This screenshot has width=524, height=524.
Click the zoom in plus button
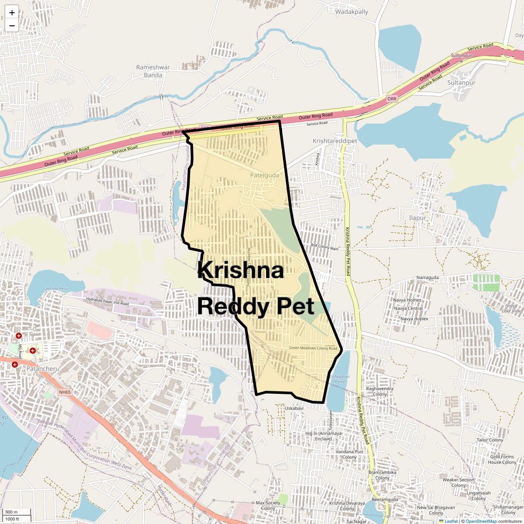coord(12,12)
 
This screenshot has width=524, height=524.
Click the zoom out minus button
coord(12,25)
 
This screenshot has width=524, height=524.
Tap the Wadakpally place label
coord(352,12)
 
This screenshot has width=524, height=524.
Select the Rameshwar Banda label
coord(153,71)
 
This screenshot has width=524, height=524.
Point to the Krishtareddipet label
coord(335,141)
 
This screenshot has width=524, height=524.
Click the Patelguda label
coord(264,175)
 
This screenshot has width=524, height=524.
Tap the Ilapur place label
coord(417,218)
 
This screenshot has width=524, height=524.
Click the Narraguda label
coord(427,278)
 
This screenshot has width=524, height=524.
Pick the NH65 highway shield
coord(65,392)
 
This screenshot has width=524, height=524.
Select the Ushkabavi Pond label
coord(340,379)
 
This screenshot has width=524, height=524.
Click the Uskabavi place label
coord(294,408)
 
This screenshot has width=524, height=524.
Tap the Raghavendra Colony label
coord(380,391)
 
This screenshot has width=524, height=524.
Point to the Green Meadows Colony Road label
coord(314,348)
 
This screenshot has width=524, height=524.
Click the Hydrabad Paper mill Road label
coord(107,301)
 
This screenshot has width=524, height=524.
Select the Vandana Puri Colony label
coord(349,455)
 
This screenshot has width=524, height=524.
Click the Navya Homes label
coord(407,300)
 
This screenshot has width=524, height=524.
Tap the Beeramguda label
coord(385,500)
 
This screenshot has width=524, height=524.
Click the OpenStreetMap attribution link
coord(481,521)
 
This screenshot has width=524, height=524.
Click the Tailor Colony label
coord(490,440)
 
